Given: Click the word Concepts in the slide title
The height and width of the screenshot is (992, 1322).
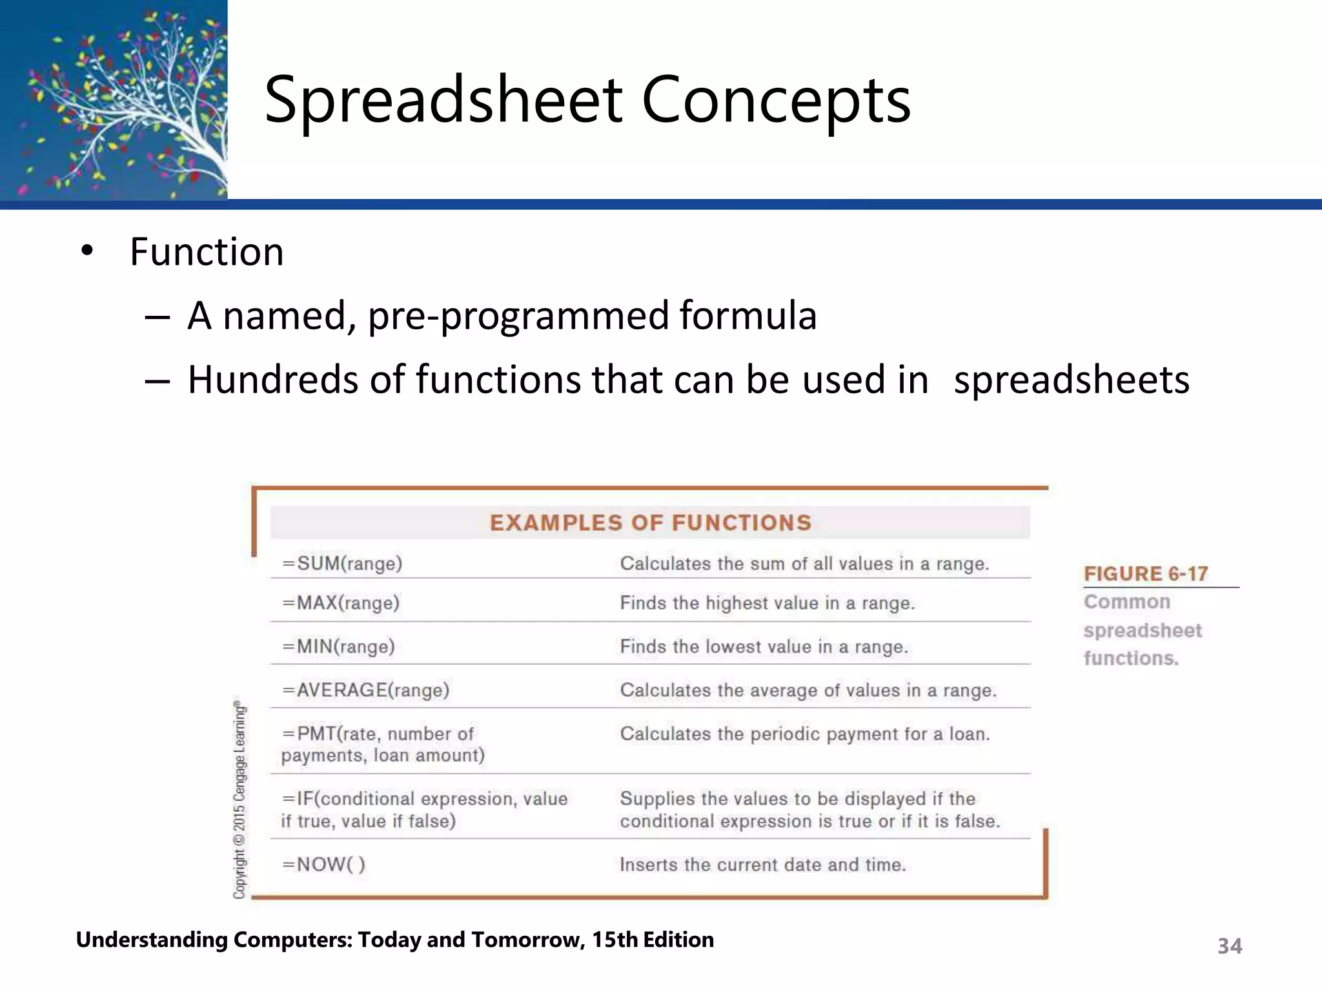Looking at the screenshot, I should click(776, 100).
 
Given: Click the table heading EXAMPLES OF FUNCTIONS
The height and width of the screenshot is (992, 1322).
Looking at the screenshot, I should click(650, 522).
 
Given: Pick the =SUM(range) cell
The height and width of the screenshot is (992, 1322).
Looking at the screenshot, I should click(343, 564).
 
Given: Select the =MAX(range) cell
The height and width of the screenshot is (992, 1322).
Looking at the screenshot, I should click(341, 603).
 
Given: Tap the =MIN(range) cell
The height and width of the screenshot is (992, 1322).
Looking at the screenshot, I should click(339, 646).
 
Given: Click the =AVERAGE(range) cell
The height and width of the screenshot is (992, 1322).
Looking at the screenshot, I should click(366, 690).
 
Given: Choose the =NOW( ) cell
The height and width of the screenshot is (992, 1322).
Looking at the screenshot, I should click(324, 864).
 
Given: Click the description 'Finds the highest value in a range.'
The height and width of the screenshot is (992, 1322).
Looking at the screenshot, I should click(768, 603).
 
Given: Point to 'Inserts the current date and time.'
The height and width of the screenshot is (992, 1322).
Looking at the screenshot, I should click(763, 864).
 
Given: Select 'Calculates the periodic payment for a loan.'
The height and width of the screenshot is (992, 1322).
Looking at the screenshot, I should click(805, 734).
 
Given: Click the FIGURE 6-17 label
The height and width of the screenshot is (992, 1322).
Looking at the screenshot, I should click(1146, 573).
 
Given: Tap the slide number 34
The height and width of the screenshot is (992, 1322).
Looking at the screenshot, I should click(1230, 946).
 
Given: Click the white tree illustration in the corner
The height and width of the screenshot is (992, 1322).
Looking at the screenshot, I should click(129, 103).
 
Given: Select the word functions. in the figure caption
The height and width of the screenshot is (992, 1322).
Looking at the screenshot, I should click(1131, 658).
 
